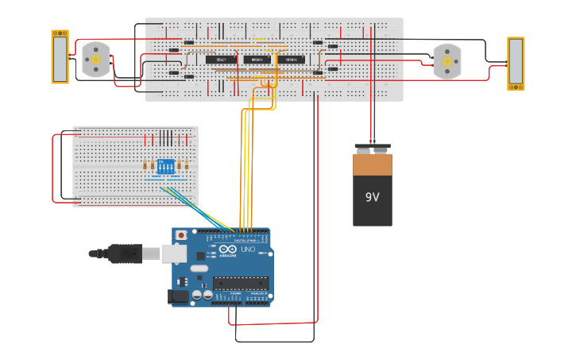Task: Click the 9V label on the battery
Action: point(373,197)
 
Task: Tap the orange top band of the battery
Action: point(373,165)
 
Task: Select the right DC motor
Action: point(446,61)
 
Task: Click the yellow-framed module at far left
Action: point(60,56)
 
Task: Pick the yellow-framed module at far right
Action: point(516,64)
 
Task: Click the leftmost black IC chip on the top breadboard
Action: point(221,60)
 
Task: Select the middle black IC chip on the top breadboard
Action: point(256,60)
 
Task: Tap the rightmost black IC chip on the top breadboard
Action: point(291,60)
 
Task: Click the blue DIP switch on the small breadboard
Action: point(164,166)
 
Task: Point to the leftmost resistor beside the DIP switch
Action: point(145,166)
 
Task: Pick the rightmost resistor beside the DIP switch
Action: point(187,166)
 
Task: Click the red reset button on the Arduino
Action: point(181,235)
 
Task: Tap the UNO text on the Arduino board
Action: point(247,250)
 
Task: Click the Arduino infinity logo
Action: point(227,249)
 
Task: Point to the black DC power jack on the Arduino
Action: point(180,296)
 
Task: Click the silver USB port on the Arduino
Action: point(174,253)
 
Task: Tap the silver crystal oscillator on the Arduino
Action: point(199,269)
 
